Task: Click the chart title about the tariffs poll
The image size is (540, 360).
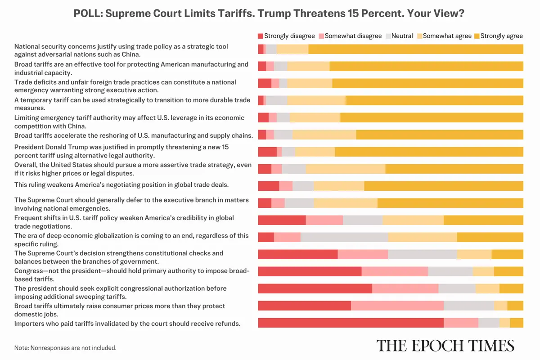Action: click(x=269, y=14)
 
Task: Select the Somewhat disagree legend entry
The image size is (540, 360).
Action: click(x=350, y=36)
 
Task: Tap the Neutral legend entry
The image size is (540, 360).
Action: click(x=398, y=36)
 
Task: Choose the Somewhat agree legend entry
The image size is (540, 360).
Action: click(x=443, y=36)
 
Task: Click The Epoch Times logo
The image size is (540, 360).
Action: click(x=445, y=345)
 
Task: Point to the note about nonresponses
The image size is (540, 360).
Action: click(x=65, y=348)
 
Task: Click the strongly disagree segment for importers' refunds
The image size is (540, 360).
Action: click(x=350, y=323)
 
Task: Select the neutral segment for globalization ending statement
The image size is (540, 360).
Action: click(x=344, y=237)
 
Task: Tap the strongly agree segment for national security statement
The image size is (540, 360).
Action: click(x=415, y=49)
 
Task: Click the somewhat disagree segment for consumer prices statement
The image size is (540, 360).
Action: click(x=397, y=306)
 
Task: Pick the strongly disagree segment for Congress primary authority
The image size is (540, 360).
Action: click(x=310, y=271)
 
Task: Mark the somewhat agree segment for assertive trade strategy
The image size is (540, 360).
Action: click(x=345, y=169)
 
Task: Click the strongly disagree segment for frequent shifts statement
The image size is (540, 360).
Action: click(x=282, y=220)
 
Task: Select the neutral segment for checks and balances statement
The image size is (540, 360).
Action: click(x=422, y=254)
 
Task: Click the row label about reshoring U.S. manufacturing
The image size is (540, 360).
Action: click(x=133, y=135)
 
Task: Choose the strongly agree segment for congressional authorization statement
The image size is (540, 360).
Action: click(x=511, y=288)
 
